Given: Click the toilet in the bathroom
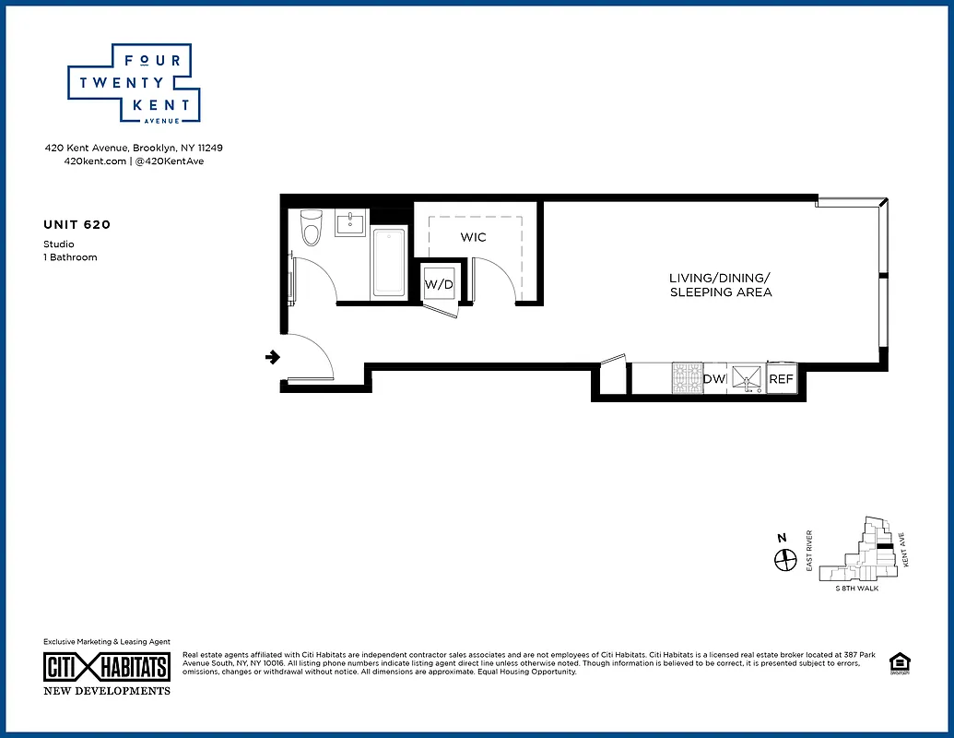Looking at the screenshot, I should coord(311,228).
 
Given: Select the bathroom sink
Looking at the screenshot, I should coord(350,224).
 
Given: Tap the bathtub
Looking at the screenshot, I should coord(388,263).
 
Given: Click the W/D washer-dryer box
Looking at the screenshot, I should coord(439,284).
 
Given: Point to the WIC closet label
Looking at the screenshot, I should coord(473,238).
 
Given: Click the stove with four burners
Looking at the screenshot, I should coord(687,378).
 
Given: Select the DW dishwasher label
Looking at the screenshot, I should coord(714,379).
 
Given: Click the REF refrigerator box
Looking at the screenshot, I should coord(781,379).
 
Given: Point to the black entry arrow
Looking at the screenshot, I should coord(273,357).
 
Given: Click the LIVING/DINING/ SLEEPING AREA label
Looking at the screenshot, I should coord(720,285).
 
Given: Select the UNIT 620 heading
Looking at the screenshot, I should coord(77,224).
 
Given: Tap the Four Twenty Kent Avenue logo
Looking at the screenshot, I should coord(134,84).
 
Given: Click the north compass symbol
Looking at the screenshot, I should coord(784,559).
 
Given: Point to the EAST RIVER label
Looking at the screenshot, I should coord(809,551).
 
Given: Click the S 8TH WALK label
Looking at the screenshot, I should coord(856,589).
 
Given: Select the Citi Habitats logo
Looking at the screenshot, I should coord(107,667).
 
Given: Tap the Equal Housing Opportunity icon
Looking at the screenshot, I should coord(896,662).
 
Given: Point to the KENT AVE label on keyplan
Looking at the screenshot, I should coord(905,551).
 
